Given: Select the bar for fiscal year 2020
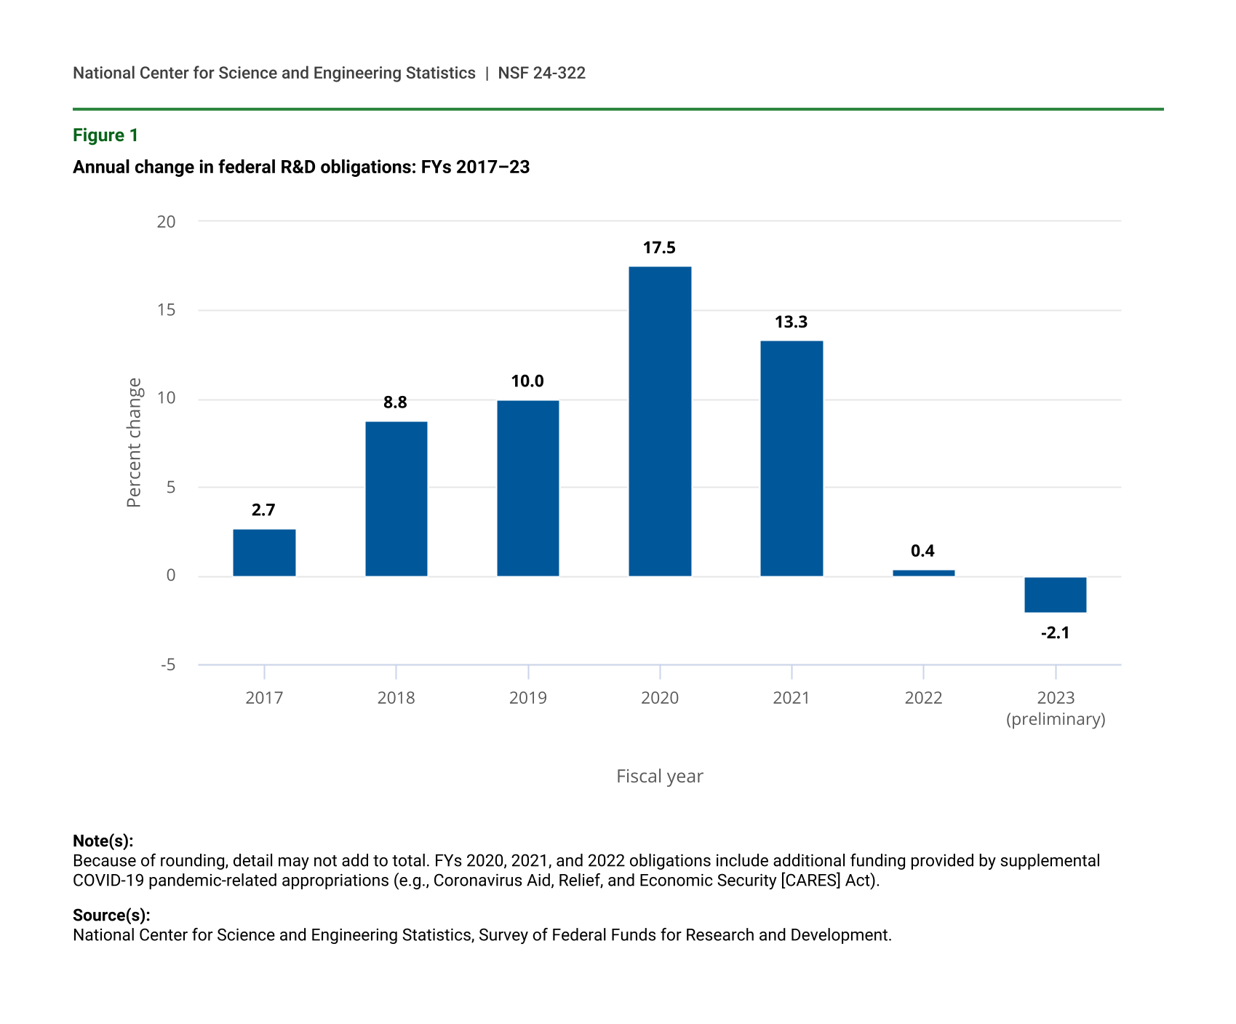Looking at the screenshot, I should [660, 421].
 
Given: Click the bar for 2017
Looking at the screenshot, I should [264, 552].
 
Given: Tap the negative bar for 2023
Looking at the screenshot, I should [1055, 595].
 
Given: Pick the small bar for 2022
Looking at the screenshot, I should [923, 573].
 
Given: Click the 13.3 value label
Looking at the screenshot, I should [791, 322].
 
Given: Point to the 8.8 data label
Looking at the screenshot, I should [395, 402].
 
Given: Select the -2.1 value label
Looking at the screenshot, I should [1055, 633].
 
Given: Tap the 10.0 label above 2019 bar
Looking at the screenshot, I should [527, 381].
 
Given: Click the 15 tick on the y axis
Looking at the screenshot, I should [167, 310].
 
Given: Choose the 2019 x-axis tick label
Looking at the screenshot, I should [527, 698].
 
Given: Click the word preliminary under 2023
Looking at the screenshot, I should [1056, 720].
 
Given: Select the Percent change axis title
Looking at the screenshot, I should [134, 442].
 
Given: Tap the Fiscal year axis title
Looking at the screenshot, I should [659, 777].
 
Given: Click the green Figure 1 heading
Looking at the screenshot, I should [105, 135].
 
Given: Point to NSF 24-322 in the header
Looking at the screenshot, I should [541, 73].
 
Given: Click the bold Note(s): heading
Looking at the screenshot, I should [103, 841].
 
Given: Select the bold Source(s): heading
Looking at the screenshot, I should [111, 916].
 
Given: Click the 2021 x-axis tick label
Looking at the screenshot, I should [791, 698].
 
